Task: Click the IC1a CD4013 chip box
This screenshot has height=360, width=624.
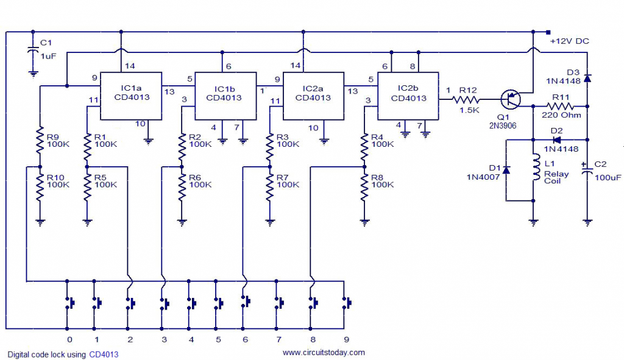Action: coord(131,96)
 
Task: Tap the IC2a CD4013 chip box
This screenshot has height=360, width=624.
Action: coord(315,96)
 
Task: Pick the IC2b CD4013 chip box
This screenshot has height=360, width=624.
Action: coord(408,96)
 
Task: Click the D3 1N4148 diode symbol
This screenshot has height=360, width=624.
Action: coord(587,78)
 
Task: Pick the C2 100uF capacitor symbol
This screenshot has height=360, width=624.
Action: coord(587,172)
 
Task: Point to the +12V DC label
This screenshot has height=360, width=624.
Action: coord(569,41)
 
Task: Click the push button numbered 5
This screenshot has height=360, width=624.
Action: coord(218,302)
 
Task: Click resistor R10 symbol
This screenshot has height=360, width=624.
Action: coord(40,189)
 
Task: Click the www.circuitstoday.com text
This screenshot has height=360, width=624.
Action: coord(324,352)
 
